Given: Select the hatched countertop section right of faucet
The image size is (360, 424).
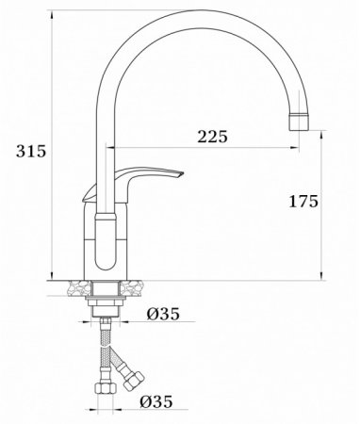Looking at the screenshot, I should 137,283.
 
